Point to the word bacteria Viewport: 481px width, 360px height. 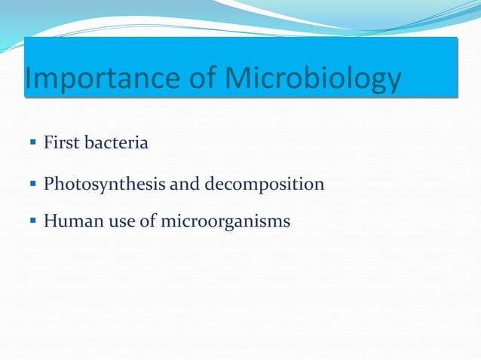[x=118, y=142]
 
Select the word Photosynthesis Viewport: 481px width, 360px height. [x=100, y=184]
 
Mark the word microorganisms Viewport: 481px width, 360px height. [x=225, y=222]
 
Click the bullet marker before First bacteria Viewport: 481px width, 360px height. [x=34, y=142]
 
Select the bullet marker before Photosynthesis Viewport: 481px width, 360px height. [x=34, y=184]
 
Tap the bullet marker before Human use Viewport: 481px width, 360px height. [x=34, y=221]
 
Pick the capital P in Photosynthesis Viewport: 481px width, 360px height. [x=49, y=183]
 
